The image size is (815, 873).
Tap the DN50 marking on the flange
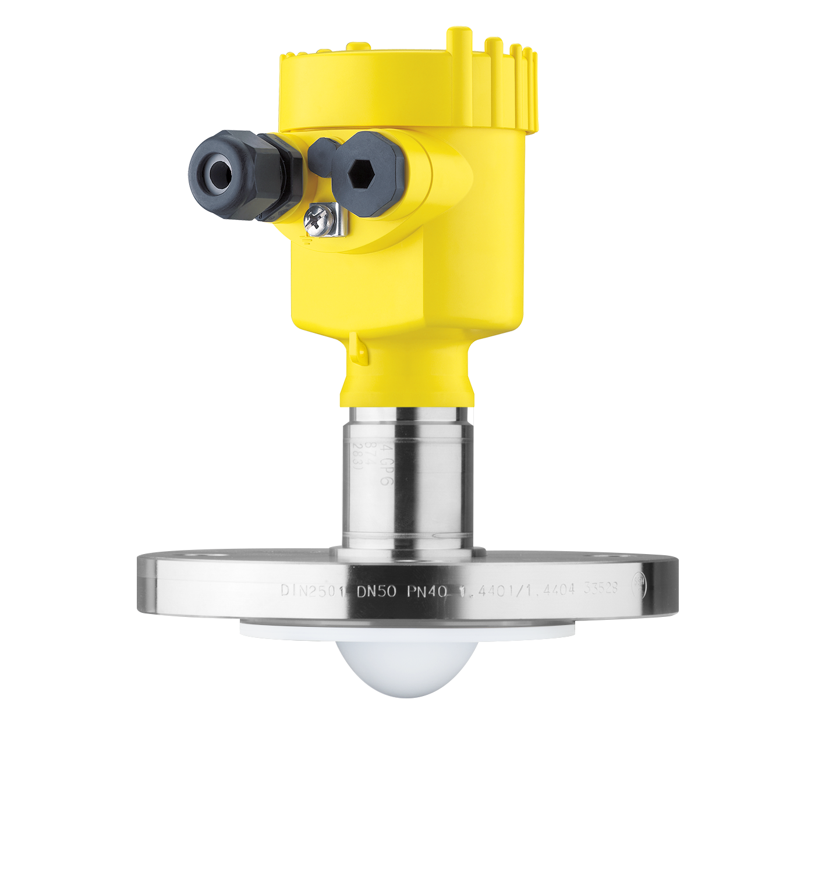pyautogui.click(x=376, y=592)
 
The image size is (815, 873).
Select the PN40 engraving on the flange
pyautogui.click(x=427, y=592)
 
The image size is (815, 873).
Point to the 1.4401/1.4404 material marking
pyautogui.click(x=517, y=591)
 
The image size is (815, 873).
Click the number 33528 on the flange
pyautogui.click(x=601, y=588)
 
